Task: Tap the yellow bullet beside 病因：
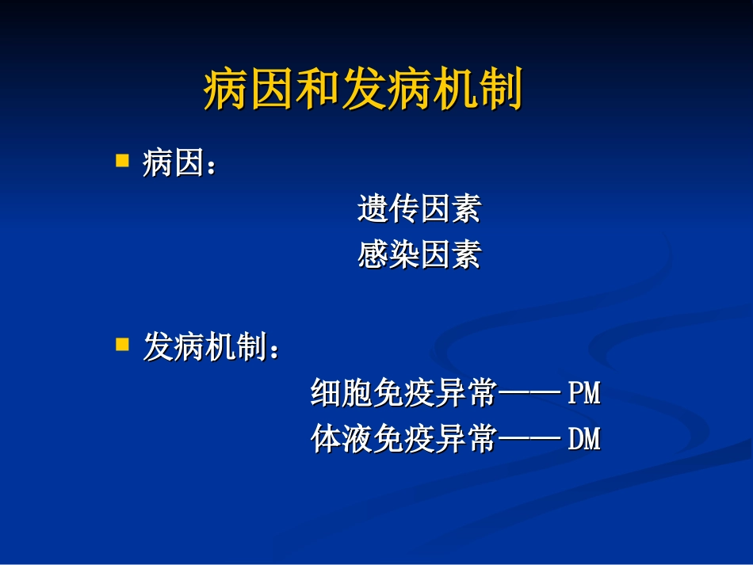(122, 161)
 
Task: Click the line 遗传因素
(419, 209)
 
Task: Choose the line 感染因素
(419, 255)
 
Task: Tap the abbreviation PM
(584, 393)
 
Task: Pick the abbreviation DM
(584, 439)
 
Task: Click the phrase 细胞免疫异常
(403, 393)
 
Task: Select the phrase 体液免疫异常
(403, 439)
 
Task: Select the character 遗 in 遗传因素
(373, 209)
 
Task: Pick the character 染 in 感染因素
(403, 255)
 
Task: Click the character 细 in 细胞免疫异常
(326, 393)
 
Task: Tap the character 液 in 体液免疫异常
(357, 439)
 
